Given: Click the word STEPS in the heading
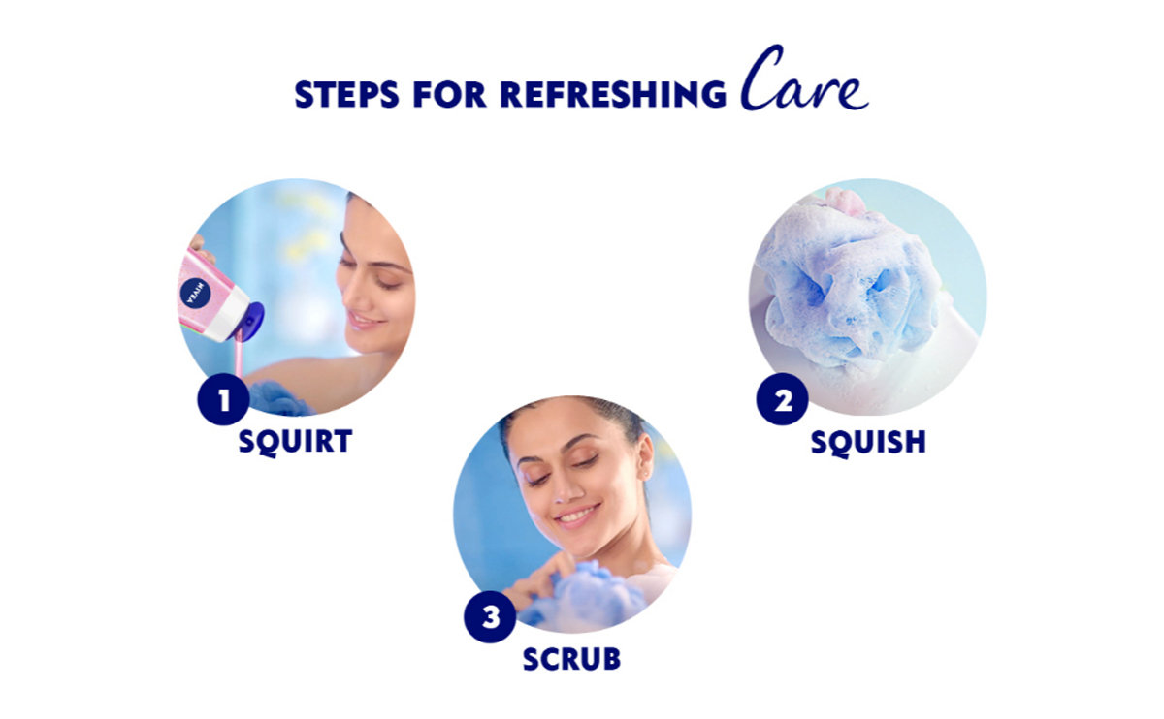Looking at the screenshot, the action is coord(346,95).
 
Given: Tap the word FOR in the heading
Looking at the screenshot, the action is coord(449,95).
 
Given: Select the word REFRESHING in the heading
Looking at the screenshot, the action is coord(613,95).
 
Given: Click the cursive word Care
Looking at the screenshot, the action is coord(804,78).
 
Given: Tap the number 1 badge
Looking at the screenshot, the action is coord(223,400).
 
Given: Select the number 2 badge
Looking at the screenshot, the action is coord(782,400).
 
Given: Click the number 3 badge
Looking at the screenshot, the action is coord(490,617).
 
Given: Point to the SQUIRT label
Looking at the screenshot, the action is coord(295,442).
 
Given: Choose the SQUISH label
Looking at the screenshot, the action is coord(868,442).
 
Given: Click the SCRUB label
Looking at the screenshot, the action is coord(571,659).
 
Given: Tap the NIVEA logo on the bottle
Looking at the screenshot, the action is coord(195,294).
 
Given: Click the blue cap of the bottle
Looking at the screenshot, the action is coord(248,322).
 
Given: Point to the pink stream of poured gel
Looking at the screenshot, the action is coord(238,359).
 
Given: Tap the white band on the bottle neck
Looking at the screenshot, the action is coord(228,313).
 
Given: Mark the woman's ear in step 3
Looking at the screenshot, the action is coord(645,456).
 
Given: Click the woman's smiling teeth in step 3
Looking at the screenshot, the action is coord(576,515).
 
